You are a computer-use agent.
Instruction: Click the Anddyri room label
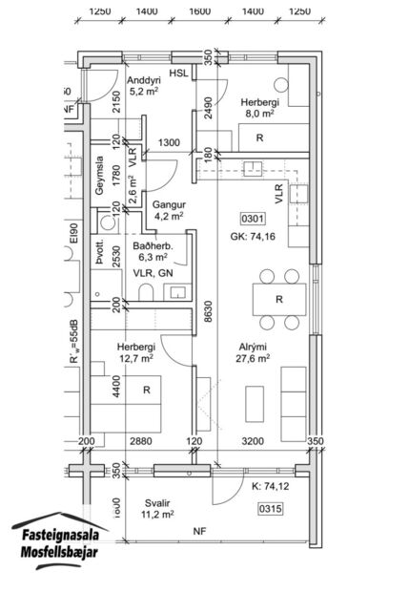pyautogui.click(x=142, y=86)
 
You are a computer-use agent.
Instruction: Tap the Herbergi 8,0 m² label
pyautogui.click(x=259, y=107)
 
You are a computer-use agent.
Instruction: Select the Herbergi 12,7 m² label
pyautogui.click(x=135, y=353)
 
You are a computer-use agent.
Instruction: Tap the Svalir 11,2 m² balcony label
pyautogui.click(x=158, y=507)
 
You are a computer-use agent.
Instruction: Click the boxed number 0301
pyautogui.click(x=251, y=219)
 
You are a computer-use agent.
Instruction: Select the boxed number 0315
pyautogui.click(x=272, y=509)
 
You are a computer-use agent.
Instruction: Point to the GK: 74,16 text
pyautogui.click(x=252, y=237)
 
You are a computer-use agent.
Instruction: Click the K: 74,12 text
pyautogui.click(x=272, y=487)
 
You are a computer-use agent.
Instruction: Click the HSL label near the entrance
pyautogui.click(x=178, y=74)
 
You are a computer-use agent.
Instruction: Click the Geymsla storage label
pyautogui.click(x=99, y=177)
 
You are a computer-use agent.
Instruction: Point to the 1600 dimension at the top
pyautogui.click(x=198, y=11)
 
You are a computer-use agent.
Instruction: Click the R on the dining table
pyautogui.click(x=278, y=300)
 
